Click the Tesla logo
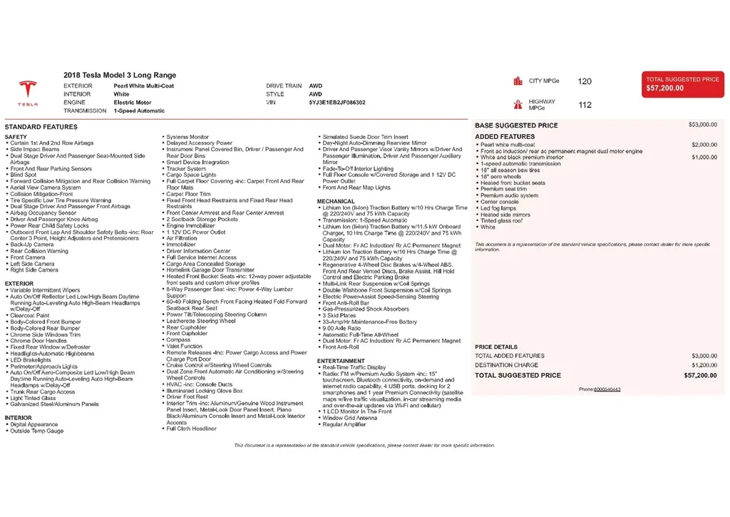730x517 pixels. (x=28, y=93)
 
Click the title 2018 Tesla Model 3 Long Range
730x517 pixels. (x=120, y=76)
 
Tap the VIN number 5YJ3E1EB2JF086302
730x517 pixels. (x=336, y=103)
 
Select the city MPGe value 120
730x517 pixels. (x=585, y=81)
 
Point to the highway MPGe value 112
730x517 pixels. (x=585, y=105)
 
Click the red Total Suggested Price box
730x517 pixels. (x=682, y=84)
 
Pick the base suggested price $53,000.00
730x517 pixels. (x=703, y=125)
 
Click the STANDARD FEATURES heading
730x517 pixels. (x=41, y=127)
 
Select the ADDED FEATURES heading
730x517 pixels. (x=505, y=136)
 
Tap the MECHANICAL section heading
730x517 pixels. (x=336, y=202)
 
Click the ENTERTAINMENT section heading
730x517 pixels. (x=341, y=361)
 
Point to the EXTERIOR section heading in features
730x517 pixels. (x=19, y=284)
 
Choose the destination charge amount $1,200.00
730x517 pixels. (x=703, y=365)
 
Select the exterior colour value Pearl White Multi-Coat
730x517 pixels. (x=144, y=86)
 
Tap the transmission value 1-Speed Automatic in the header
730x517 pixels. (x=139, y=111)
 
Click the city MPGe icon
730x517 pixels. (x=518, y=81)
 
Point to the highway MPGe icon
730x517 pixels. (x=518, y=105)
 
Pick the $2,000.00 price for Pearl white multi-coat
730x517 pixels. (x=704, y=145)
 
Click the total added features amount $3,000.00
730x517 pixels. (x=704, y=356)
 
